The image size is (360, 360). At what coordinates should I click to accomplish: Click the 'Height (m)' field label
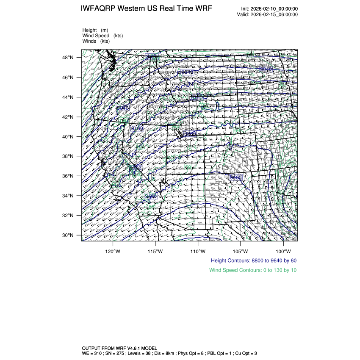(95, 30)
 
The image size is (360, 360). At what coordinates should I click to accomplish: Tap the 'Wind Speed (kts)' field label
(102, 36)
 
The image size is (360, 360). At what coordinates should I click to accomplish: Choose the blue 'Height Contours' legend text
(253, 260)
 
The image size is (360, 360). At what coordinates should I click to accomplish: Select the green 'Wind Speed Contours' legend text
(253, 270)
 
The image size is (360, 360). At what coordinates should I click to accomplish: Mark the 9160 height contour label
(137, 128)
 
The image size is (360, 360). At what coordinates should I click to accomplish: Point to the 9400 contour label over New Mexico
(235, 177)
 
